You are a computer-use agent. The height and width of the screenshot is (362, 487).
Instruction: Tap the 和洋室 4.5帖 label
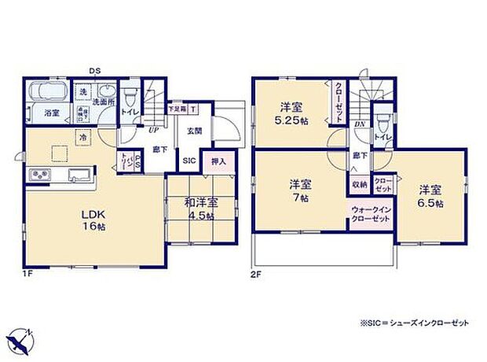(x=201, y=209)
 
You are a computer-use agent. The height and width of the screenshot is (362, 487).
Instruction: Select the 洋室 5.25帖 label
(x=290, y=116)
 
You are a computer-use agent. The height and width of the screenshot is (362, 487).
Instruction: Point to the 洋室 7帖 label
(x=299, y=191)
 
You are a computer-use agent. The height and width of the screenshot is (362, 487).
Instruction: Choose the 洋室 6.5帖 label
(x=430, y=196)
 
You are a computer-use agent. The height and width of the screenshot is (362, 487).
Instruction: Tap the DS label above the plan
(x=93, y=71)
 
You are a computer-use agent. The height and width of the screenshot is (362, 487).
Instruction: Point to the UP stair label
(x=153, y=130)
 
